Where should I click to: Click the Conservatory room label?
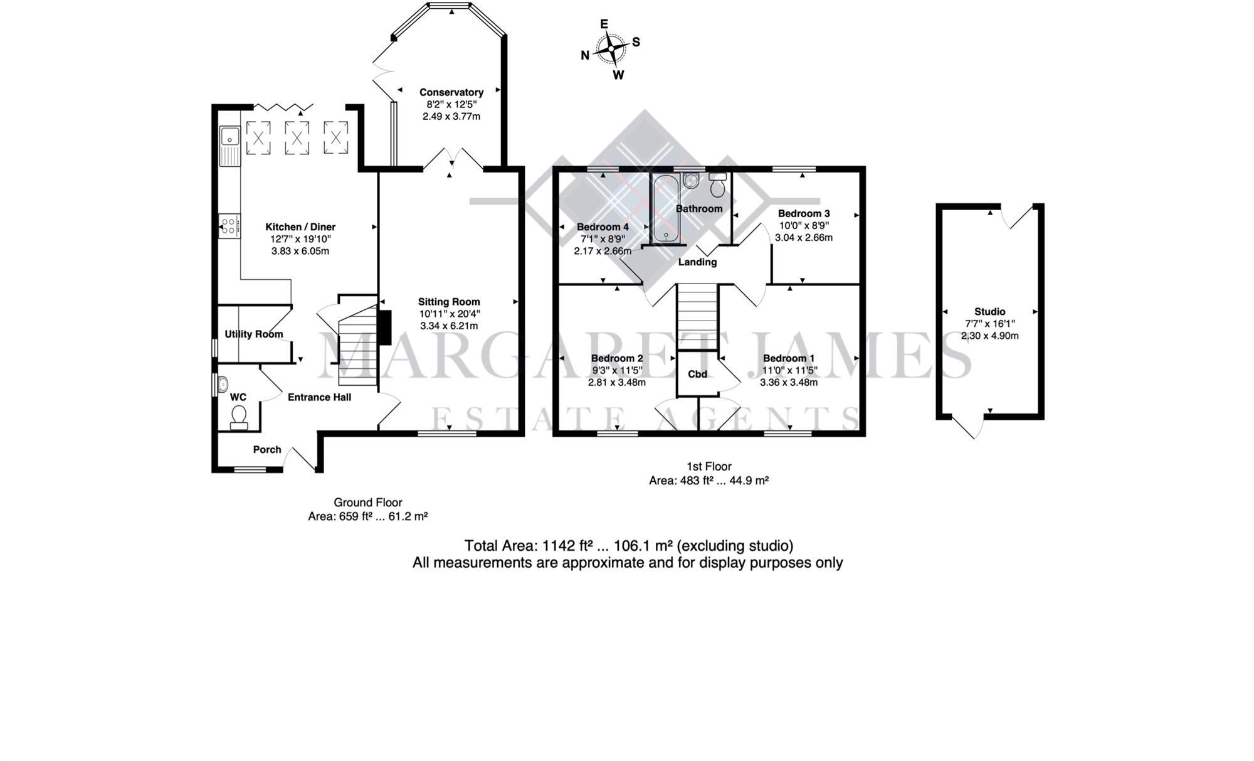(451, 92)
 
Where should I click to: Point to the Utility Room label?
(254, 334)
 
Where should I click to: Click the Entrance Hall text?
(319, 397)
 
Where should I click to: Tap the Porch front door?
(300, 457)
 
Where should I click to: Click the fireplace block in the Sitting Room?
(384, 327)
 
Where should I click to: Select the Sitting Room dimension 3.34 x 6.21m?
(449, 326)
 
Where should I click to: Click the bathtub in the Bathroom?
(663, 208)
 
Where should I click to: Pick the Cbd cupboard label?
(697, 375)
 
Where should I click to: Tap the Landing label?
(697, 262)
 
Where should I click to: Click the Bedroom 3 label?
(804, 214)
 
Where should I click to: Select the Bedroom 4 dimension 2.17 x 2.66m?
(603, 251)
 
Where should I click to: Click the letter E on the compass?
(604, 24)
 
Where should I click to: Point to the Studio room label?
(989, 312)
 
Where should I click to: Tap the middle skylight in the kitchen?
(297, 137)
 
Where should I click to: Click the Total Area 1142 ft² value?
(569, 546)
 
